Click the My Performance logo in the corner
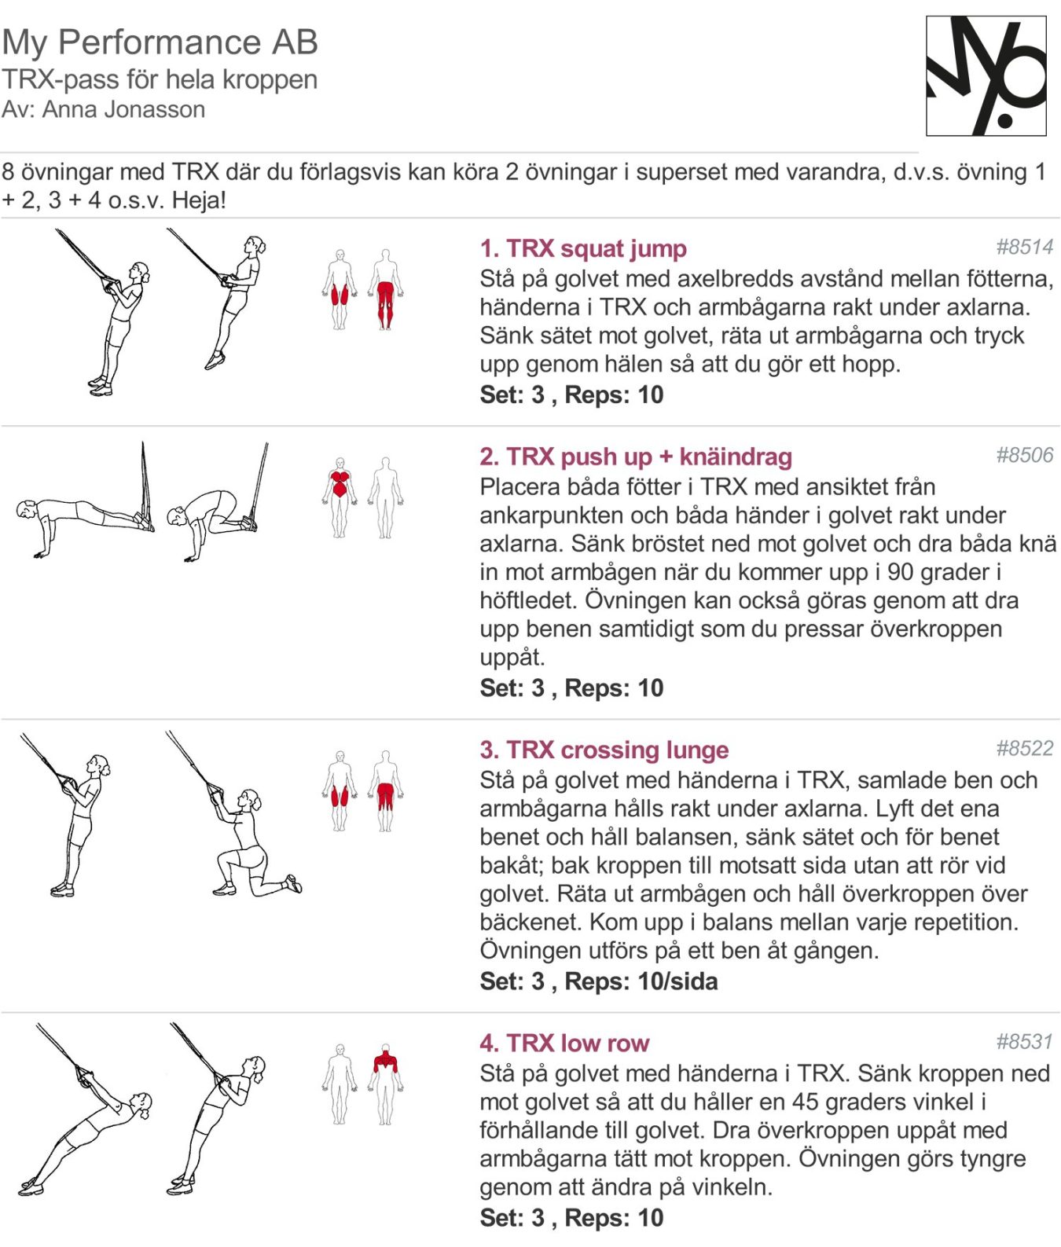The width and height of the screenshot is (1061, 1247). [986, 76]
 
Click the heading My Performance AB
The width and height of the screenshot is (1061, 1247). [160, 42]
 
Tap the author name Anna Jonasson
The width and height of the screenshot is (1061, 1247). [123, 109]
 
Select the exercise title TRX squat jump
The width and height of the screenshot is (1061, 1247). [583, 248]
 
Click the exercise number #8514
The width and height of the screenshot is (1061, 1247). [1024, 247]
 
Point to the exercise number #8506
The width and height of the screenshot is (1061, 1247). [1024, 455]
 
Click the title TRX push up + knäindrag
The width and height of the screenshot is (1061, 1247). [636, 457]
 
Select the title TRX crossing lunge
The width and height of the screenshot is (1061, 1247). [604, 750]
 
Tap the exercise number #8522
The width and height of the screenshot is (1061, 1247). [1024, 748]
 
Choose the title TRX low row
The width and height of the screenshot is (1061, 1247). [564, 1043]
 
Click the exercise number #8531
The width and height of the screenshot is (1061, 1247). [1024, 1041]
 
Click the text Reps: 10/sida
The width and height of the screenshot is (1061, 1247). [641, 981]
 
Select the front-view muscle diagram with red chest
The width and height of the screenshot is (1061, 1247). [340, 497]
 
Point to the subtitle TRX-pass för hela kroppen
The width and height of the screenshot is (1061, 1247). [160, 79]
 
